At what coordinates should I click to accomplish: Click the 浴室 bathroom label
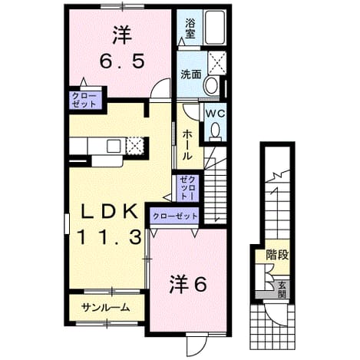pyautogui.click(x=190, y=28)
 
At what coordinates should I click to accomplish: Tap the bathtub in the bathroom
pyautogui.click(x=215, y=28)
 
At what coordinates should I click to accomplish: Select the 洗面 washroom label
pyautogui.click(x=191, y=74)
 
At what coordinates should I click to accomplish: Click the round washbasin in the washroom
pyautogui.click(x=211, y=85)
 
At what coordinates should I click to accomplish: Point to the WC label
pyautogui.click(x=216, y=114)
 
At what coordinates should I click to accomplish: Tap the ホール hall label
pyautogui.click(x=187, y=144)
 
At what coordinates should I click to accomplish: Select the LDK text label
pyautogui.click(x=108, y=212)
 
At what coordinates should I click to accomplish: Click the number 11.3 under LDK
pyautogui.click(x=109, y=236)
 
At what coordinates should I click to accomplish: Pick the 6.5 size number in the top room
pyautogui.click(x=122, y=61)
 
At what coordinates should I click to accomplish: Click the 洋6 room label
pyautogui.click(x=188, y=284)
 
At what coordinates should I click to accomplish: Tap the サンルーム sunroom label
pyautogui.click(x=106, y=308)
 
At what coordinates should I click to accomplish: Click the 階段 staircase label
pyautogui.click(x=277, y=255)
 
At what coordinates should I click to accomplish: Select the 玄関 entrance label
pyautogui.click(x=282, y=289)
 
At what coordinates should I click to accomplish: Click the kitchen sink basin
pyautogui.click(x=114, y=146)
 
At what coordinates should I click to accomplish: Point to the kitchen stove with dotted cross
pyautogui.click(x=134, y=145)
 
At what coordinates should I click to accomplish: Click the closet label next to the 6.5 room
pyautogui.click(x=84, y=100)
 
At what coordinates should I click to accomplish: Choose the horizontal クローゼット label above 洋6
pyautogui.click(x=175, y=216)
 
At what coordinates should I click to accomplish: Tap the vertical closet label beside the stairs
pyautogui.click(x=187, y=188)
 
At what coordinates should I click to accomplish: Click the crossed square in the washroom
pyautogui.click(x=217, y=63)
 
